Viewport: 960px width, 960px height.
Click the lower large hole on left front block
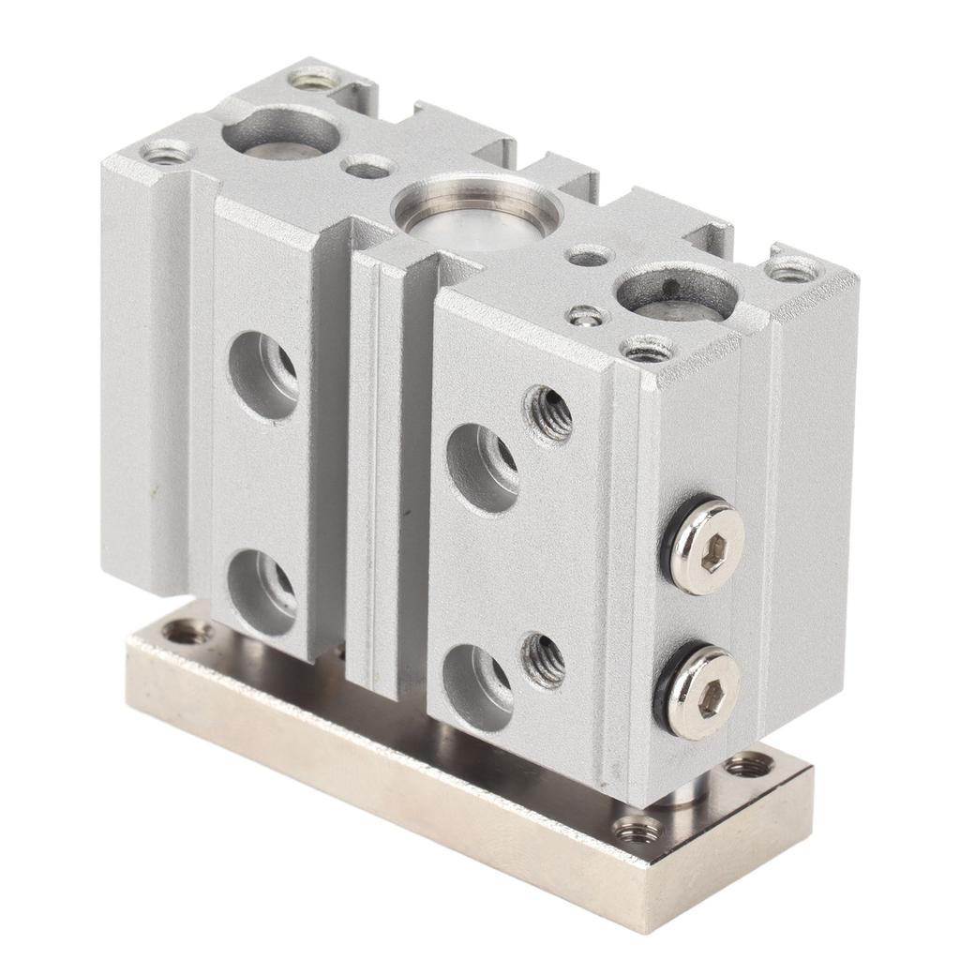262,592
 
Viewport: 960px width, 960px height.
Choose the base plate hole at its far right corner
749,766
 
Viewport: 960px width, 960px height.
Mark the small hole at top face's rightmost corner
793,270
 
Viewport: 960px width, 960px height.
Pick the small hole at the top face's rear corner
316,79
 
